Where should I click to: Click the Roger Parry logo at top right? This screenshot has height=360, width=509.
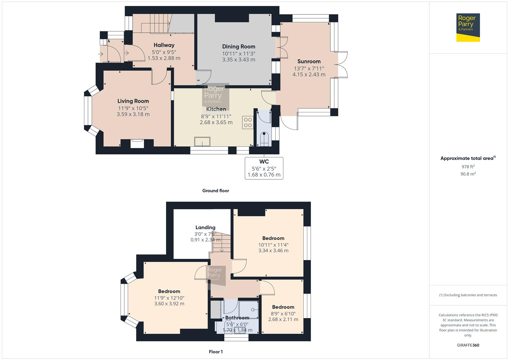(x=468, y=27)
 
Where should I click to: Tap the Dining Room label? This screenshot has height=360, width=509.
(x=239, y=47)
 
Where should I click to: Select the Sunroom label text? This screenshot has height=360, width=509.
(x=309, y=61)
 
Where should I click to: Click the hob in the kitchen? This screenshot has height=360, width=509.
(x=248, y=122)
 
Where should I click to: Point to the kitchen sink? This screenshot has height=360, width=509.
(x=203, y=142)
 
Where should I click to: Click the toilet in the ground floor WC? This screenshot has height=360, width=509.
(x=264, y=138)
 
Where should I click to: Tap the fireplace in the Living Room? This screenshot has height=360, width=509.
(x=137, y=143)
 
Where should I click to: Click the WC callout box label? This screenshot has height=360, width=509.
(x=264, y=162)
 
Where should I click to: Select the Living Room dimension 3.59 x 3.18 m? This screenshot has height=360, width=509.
(x=133, y=114)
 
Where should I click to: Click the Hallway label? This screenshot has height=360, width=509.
(x=164, y=45)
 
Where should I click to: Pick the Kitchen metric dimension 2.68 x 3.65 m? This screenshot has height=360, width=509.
(x=216, y=122)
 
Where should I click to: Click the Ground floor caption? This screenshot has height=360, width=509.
(x=216, y=191)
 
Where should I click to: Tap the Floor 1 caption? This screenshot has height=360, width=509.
(x=216, y=352)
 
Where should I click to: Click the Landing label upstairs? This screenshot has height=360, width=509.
(x=205, y=227)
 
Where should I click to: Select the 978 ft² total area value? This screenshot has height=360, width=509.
(x=468, y=167)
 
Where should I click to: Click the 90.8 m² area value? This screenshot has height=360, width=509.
(x=468, y=174)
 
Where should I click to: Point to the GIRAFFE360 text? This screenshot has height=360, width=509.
(x=468, y=345)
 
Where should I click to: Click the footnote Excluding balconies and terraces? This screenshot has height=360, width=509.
(x=468, y=295)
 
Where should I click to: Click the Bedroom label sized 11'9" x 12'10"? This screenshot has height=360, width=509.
(x=169, y=291)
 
